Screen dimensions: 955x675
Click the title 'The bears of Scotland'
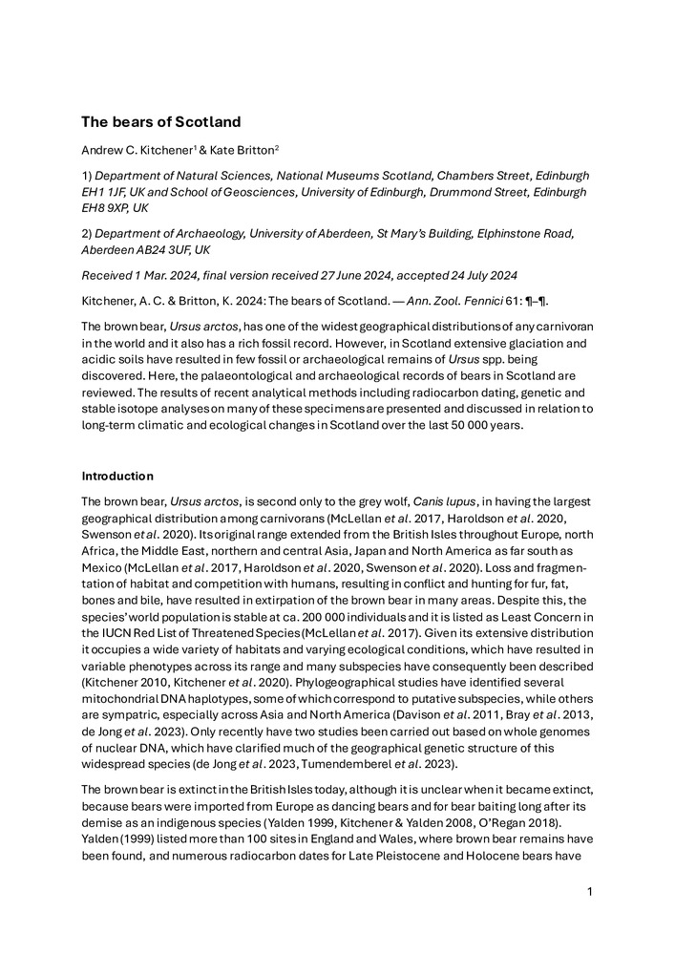click(x=160, y=122)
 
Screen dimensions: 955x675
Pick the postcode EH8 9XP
click(x=104, y=208)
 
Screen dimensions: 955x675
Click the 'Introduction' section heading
click(x=117, y=476)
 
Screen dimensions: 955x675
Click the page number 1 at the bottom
click(x=590, y=892)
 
